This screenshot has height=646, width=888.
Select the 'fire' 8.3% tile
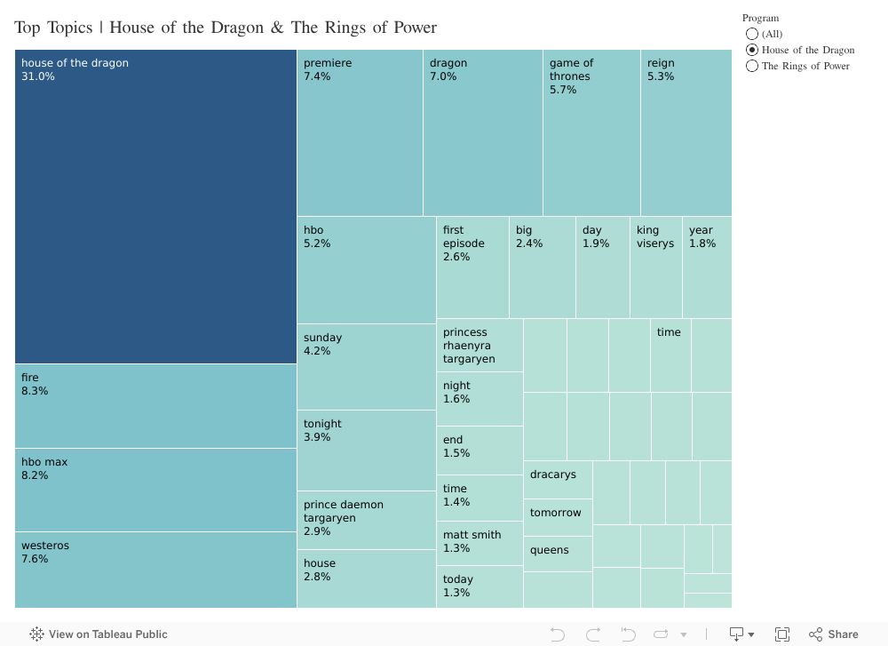155,405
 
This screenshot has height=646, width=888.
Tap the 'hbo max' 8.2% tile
155,490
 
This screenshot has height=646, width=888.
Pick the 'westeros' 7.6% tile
155,570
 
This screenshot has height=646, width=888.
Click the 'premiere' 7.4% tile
360,132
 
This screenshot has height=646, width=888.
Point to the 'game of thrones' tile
591,132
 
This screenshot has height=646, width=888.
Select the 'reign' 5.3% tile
686,132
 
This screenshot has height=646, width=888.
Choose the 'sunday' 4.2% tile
366,366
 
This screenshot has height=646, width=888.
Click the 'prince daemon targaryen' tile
366,520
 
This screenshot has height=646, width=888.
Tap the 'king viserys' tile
656,267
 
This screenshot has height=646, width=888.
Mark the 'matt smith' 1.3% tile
480,543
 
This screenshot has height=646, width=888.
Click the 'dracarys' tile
558,480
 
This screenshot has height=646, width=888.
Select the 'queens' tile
558,554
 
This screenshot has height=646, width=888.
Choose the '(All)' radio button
753,34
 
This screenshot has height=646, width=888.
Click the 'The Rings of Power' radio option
753,66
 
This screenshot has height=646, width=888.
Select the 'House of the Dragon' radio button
753,50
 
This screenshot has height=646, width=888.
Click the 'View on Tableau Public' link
99,634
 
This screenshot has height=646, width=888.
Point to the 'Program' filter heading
761,18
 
